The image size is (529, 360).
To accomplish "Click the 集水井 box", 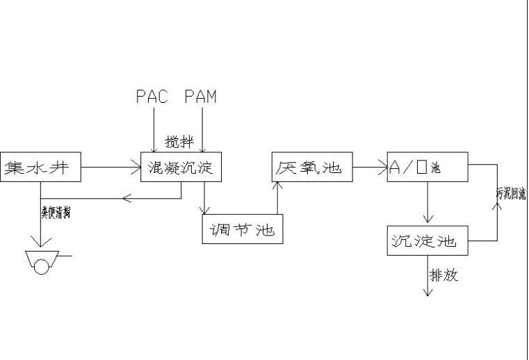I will pyautogui.click(x=40, y=167).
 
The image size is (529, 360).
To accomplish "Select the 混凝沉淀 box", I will pyautogui.click(x=181, y=167).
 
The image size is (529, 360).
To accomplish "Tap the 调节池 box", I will pyautogui.click(x=243, y=229).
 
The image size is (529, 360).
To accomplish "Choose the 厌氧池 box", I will pyautogui.click(x=311, y=167).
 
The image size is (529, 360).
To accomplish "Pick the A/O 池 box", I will pyautogui.click(x=428, y=167).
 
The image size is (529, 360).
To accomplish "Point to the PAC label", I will pyautogui.click(x=152, y=97).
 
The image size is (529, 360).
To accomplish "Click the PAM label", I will pyautogui.click(x=201, y=97).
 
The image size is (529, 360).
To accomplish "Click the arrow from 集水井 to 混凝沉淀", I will pyautogui.click(x=111, y=167).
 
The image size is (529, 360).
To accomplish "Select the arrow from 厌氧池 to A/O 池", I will pyautogui.click(x=370, y=167).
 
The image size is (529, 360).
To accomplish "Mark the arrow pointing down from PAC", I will pyautogui.click(x=152, y=129).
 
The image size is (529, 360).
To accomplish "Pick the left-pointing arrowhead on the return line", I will pyautogui.click(x=126, y=198).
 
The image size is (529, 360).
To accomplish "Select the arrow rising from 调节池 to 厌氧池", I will pyautogui.click(x=277, y=198).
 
